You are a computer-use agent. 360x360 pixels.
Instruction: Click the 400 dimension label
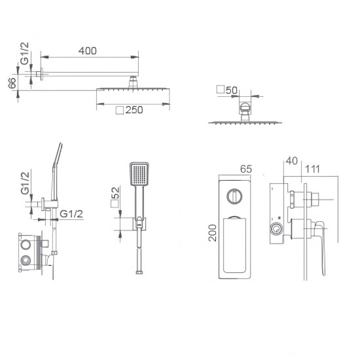[x=88, y=51]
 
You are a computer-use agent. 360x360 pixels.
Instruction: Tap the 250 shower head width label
[x=134, y=110]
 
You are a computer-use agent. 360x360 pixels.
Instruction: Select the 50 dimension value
[x=232, y=90]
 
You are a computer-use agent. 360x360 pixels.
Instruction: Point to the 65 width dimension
[x=246, y=170]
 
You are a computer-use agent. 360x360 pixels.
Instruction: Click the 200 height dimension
[x=213, y=233]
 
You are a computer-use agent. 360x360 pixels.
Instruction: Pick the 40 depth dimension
[x=291, y=161]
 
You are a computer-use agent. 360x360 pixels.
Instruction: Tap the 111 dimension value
[x=312, y=170]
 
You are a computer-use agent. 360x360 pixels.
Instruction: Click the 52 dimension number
[x=116, y=192]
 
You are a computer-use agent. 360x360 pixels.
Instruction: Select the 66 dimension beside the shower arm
[x=12, y=82]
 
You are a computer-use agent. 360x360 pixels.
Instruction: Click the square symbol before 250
[x=120, y=110]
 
